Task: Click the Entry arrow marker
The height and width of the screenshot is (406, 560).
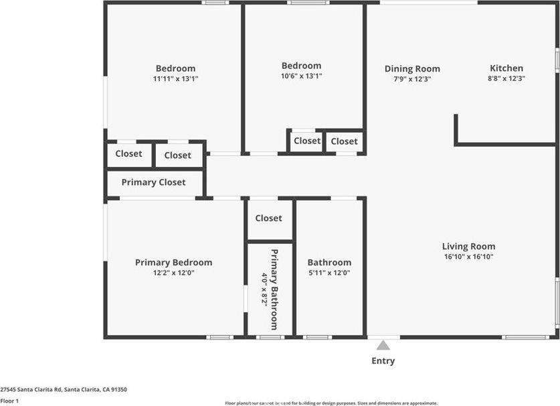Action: click(383, 346)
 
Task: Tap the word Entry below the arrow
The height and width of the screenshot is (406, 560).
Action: click(383, 361)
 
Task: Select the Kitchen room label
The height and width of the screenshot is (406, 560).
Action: click(506, 68)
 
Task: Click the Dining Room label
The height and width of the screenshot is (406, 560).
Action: click(412, 68)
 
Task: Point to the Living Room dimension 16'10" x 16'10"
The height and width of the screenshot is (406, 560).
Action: click(468, 257)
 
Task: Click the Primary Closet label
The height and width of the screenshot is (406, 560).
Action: click(153, 182)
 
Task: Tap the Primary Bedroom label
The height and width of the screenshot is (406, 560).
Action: click(173, 263)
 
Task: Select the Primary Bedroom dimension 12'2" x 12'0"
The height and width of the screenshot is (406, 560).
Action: click(173, 273)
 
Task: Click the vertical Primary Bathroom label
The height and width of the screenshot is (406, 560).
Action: click(274, 289)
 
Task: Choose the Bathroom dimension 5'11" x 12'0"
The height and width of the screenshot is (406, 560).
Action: click(329, 273)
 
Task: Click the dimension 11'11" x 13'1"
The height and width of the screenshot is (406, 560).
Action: click(175, 78)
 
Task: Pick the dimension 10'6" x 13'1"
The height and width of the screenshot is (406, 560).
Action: click(301, 76)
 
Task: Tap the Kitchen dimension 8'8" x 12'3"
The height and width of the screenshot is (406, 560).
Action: click(506, 78)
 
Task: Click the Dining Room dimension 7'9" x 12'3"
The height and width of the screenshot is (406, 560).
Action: click(412, 78)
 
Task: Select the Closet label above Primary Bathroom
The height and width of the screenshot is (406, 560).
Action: click(268, 218)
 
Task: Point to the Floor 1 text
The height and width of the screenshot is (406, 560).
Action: click(9, 401)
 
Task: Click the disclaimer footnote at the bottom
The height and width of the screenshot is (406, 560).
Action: click(331, 403)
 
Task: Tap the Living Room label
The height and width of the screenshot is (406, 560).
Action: click(468, 247)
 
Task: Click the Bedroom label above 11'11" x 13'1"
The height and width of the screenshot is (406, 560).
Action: click(175, 68)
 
